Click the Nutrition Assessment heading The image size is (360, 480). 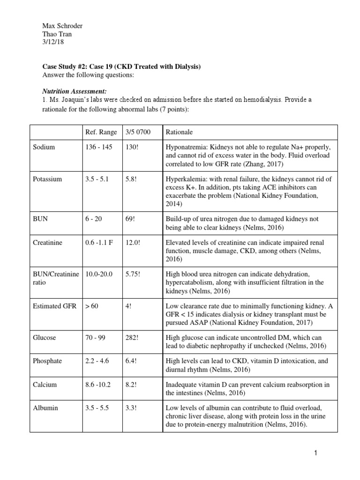60,92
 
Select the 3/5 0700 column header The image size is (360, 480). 137,132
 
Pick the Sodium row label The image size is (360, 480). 44,147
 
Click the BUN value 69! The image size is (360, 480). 131,219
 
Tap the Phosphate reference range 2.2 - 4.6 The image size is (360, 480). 97,361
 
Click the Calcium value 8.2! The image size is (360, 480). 133,384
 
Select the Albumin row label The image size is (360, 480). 45,408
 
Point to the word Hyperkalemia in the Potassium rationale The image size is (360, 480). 187,179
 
